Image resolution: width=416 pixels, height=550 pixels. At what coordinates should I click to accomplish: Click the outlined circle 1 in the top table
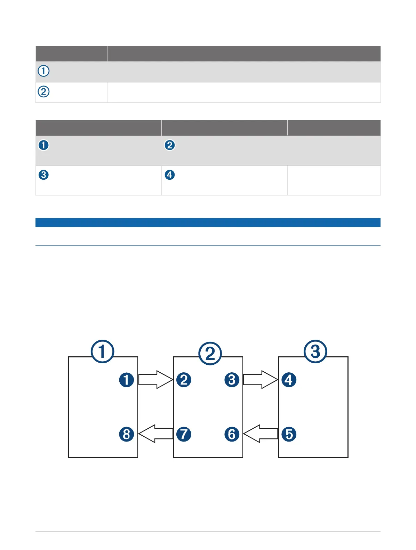(x=43, y=71)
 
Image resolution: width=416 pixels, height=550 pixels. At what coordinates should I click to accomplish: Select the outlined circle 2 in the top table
(x=43, y=92)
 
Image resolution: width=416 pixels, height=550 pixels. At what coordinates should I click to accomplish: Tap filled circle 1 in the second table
(x=43, y=145)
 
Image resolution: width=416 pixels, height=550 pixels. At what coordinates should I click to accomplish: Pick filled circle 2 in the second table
(x=169, y=145)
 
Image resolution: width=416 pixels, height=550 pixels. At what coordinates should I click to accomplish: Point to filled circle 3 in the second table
(x=43, y=175)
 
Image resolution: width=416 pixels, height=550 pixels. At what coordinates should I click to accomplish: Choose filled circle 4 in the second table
(x=169, y=175)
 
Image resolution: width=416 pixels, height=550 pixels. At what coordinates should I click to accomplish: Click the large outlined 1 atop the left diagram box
(x=103, y=351)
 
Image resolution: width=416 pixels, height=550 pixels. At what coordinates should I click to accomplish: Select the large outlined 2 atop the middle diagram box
(x=210, y=353)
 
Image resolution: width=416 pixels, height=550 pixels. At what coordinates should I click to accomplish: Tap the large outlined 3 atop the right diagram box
(x=315, y=351)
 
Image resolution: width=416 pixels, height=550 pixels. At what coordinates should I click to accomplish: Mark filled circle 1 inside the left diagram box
(x=127, y=380)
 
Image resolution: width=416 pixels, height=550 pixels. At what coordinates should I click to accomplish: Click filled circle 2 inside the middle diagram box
(x=184, y=380)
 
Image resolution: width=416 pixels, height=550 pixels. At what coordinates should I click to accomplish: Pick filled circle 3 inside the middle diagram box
(x=232, y=380)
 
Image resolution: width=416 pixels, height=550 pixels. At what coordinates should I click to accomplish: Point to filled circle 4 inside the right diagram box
(x=289, y=380)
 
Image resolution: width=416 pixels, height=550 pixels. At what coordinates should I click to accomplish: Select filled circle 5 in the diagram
(x=289, y=434)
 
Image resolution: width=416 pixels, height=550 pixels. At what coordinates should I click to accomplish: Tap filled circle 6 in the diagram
(x=232, y=434)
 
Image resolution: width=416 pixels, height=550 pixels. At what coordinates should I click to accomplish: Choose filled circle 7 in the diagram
(x=184, y=434)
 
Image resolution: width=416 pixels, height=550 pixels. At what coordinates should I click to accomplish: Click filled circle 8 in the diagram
(x=127, y=434)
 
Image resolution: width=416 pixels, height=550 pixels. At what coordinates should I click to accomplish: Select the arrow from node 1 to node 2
(x=155, y=380)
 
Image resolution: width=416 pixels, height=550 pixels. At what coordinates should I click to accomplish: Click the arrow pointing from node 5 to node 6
(x=261, y=434)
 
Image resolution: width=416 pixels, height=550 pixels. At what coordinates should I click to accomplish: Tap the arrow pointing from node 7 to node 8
(x=155, y=434)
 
